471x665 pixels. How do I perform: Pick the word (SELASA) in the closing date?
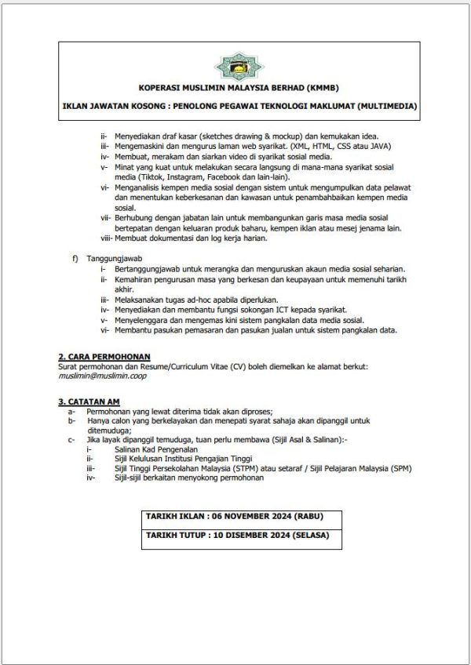click(307, 536)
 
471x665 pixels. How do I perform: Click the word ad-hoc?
click(192, 300)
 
